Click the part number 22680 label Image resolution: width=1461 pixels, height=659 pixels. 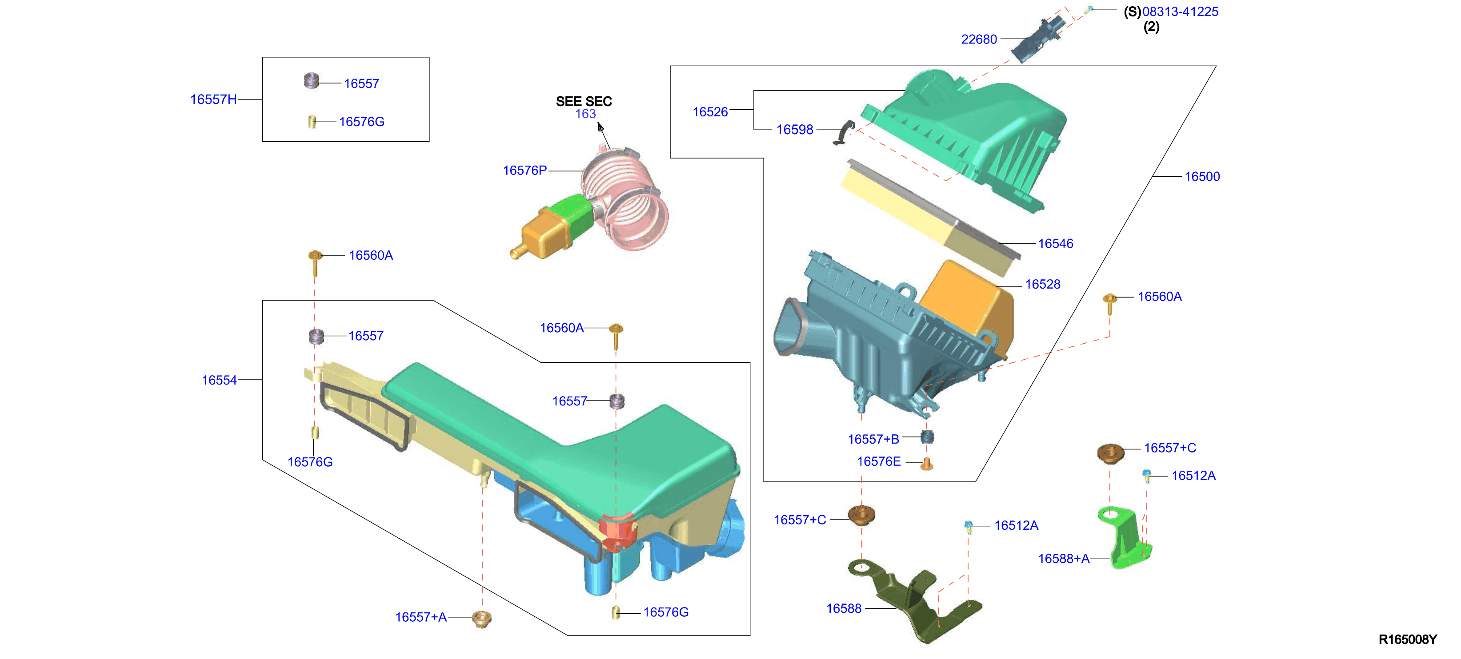(x=978, y=39)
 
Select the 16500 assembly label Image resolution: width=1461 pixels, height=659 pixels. (x=1202, y=176)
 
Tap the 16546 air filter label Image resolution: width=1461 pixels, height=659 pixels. (x=1056, y=244)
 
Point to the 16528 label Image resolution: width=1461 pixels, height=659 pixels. (x=1042, y=285)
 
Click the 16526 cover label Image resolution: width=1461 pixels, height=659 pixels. (x=710, y=111)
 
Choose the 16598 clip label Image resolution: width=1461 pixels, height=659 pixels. (x=795, y=130)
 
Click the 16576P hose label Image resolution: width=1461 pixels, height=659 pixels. (x=524, y=171)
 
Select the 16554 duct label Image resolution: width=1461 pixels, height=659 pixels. (x=220, y=380)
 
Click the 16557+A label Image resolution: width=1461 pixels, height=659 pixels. (x=421, y=617)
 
